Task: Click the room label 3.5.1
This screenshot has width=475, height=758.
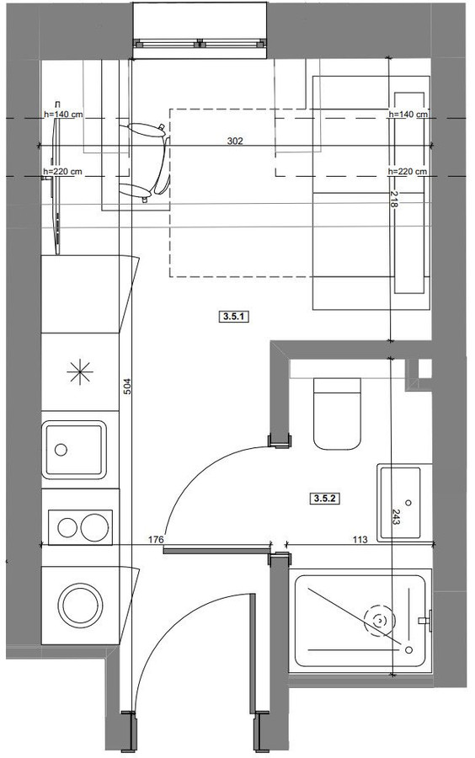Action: (234, 318)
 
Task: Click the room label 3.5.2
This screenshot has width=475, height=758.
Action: (324, 499)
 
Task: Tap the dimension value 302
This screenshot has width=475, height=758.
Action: (235, 141)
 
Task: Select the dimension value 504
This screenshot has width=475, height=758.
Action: (127, 386)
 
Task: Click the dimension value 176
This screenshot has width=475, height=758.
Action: (156, 540)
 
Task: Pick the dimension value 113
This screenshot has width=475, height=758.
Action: (360, 540)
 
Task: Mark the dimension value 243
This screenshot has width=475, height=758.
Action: (396, 517)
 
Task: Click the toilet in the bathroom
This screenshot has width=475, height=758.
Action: (337, 414)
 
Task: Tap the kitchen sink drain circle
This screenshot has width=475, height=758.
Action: (61, 450)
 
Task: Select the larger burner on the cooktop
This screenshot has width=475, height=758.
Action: (94, 527)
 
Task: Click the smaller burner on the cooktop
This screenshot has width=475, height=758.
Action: (67, 527)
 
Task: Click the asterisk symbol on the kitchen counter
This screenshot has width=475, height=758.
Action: (80, 372)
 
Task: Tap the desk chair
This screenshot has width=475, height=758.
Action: (146, 162)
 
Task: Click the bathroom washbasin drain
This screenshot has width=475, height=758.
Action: (409, 503)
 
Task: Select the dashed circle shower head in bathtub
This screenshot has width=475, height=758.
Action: (380, 619)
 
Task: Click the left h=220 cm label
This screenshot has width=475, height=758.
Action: (63, 172)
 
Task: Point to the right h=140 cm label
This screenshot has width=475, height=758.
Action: (408, 115)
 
